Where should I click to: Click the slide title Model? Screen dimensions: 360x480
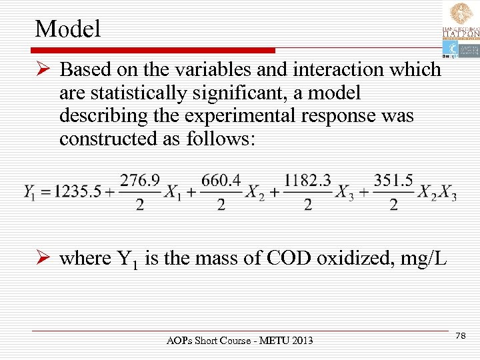[68, 28]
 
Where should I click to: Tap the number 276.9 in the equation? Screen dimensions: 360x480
[139, 181]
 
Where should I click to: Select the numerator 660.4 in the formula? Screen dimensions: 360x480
[221, 181]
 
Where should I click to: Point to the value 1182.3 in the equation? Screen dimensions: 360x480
[307, 181]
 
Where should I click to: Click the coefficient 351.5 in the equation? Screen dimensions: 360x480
[393, 181]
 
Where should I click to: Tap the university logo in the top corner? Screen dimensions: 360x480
[459, 30]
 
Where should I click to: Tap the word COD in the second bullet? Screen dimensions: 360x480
[290, 258]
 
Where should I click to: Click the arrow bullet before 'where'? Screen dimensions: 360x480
[45, 258]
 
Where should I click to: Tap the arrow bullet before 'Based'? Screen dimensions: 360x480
[45, 70]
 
